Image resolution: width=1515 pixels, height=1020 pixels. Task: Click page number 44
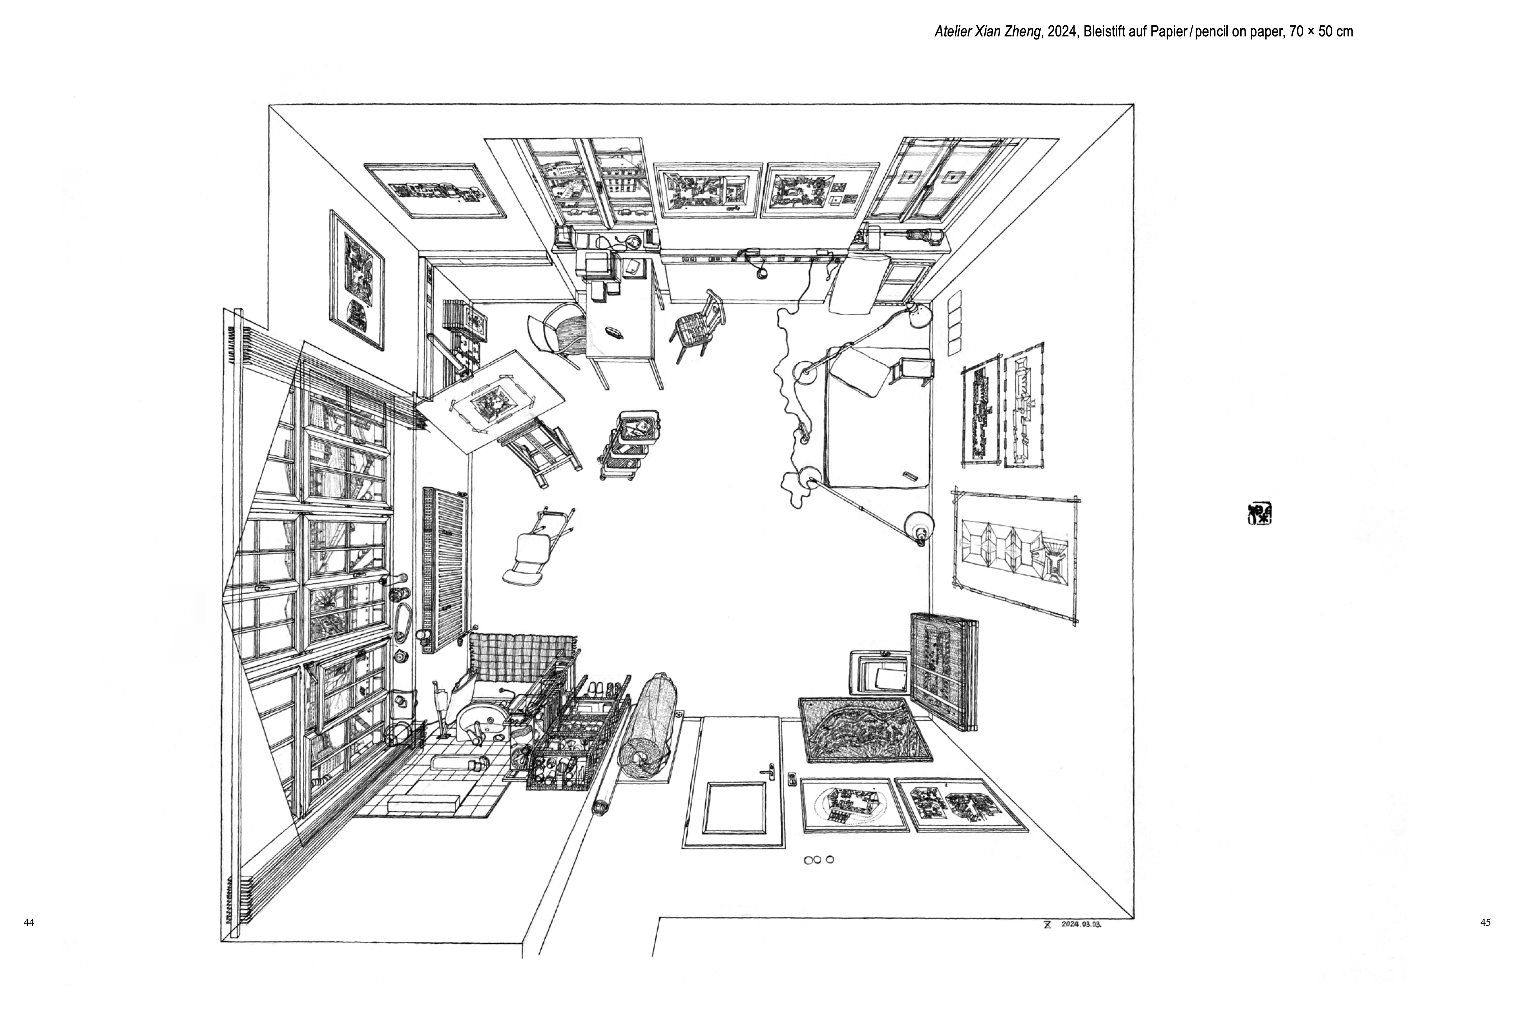[29, 922]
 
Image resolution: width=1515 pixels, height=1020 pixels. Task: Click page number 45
[1485, 922]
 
